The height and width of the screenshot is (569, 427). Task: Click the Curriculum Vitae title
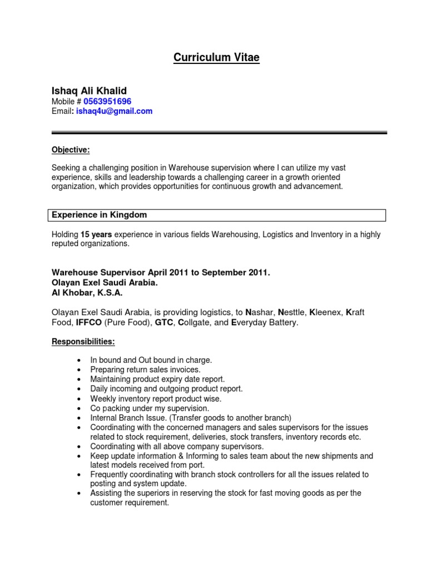(216, 58)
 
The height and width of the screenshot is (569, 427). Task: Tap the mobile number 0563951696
(107, 101)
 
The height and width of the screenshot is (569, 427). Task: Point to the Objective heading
(71, 149)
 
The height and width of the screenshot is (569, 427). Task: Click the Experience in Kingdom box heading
(99, 215)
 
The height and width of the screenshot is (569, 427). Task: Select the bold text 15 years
(92, 235)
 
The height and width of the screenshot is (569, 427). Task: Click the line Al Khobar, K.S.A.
(87, 292)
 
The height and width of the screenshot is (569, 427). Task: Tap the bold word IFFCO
(87, 322)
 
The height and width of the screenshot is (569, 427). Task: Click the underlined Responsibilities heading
(83, 342)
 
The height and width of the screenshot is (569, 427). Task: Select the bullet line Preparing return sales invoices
(145, 370)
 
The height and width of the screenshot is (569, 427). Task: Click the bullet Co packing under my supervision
(150, 408)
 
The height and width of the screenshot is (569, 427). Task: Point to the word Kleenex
(325, 312)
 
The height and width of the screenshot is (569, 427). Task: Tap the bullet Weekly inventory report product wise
(156, 398)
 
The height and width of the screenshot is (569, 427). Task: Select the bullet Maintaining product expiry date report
(157, 379)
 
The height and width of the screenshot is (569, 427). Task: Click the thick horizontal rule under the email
(219, 133)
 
